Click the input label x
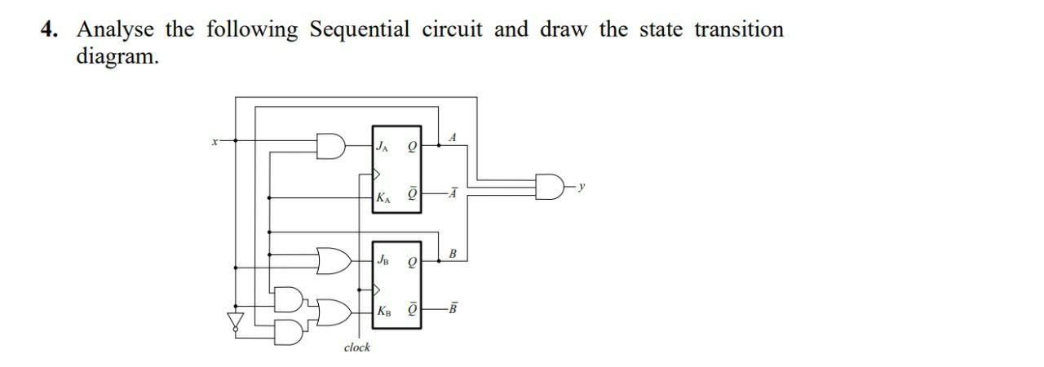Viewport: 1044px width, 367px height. tap(215, 141)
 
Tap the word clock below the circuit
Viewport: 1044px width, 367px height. tap(356, 347)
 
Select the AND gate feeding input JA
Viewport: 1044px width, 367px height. tap(332, 147)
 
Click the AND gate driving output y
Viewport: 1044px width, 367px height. tap(549, 187)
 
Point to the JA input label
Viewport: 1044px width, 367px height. tap(381, 147)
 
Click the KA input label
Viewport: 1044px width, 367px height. tap(382, 197)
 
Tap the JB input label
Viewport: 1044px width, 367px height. tap(383, 260)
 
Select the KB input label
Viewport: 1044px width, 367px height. tap(383, 312)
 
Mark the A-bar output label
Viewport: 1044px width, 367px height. tap(452, 193)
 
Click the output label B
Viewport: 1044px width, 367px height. tap(453, 254)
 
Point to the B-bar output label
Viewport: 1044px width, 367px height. tap(453, 308)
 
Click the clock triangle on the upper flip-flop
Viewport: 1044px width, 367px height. tap(377, 173)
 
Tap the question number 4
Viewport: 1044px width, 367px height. tap(50, 30)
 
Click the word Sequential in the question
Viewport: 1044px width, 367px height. tap(359, 30)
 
